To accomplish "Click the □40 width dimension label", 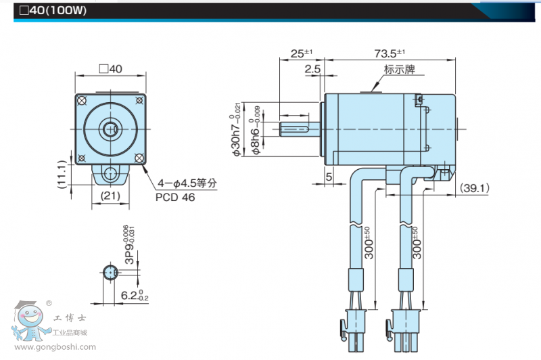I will [x=110, y=69].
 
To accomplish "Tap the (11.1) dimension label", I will [x=62, y=174].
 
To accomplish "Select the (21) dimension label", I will [x=110, y=196].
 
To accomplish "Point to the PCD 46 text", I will [x=175, y=198].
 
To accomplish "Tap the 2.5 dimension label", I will [x=312, y=69].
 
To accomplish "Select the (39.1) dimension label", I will [x=475, y=188].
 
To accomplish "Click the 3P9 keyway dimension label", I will [x=128, y=244].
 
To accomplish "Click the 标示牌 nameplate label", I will [x=399, y=70].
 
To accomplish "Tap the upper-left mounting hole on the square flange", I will [x=82, y=101].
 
